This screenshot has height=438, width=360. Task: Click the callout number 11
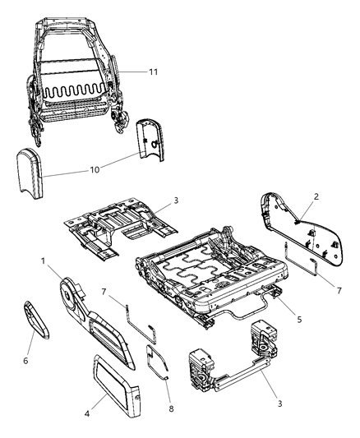click(x=154, y=72)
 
